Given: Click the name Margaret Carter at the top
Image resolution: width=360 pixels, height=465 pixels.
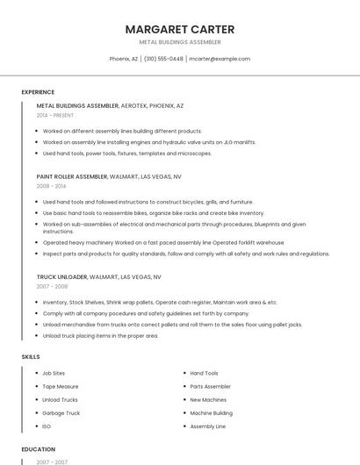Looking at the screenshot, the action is (x=180, y=29).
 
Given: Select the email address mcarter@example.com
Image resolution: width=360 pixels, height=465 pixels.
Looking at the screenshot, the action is (x=220, y=59).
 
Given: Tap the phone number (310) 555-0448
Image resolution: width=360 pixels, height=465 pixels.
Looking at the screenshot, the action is (x=163, y=59).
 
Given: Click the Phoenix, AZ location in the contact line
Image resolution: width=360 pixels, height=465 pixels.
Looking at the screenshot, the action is (x=123, y=59).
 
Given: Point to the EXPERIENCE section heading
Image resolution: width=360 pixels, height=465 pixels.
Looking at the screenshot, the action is (x=38, y=92).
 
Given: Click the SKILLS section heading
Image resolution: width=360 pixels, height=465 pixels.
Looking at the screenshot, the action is (x=31, y=357).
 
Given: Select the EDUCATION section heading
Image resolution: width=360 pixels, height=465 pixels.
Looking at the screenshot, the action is (x=38, y=449).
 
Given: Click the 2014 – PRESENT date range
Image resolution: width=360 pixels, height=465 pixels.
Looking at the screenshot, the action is (x=55, y=116).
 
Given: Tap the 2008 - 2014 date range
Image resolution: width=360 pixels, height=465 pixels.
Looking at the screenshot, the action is (x=51, y=186).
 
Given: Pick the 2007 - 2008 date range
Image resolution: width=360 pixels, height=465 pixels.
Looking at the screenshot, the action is (x=51, y=287).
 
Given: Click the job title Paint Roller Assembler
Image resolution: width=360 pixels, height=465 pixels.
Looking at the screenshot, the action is (x=72, y=176).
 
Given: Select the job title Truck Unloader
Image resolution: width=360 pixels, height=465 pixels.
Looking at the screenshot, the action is (x=61, y=277).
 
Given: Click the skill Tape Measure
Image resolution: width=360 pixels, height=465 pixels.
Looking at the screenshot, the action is (x=61, y=386).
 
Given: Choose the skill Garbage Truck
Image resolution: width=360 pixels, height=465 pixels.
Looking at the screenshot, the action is (x=61, y=412).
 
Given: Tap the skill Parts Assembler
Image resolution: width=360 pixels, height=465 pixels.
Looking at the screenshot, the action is (x=211, y=386).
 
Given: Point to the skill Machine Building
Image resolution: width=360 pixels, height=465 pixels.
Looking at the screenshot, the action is (x=212, y=412).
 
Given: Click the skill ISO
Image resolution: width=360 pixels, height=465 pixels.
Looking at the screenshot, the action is (x=47, y=426).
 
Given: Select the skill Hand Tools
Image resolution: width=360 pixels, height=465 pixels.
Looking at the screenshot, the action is (x=205, y=373).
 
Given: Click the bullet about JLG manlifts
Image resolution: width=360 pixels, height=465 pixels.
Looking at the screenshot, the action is (x=149, y=141).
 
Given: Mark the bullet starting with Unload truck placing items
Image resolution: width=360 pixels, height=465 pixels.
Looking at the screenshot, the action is (x=100, y=335).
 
